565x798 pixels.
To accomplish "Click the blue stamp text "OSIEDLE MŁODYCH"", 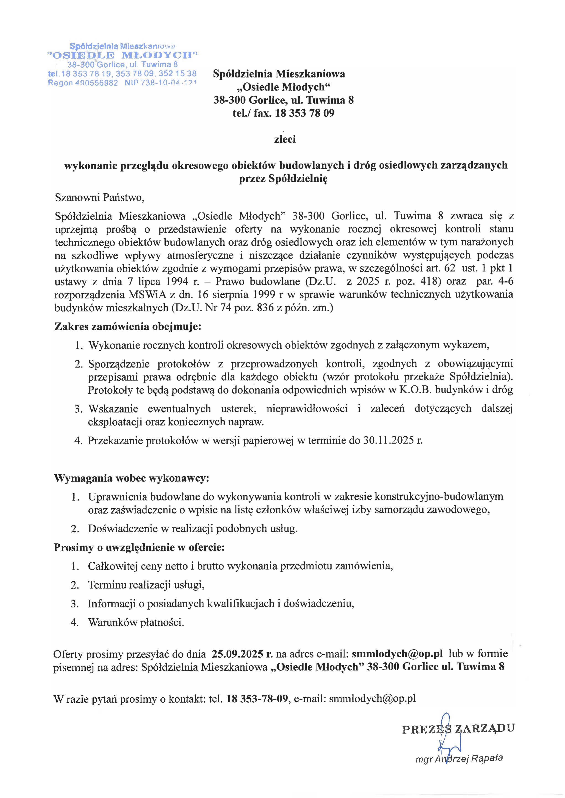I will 123,55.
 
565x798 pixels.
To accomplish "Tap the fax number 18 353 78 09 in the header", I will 304,113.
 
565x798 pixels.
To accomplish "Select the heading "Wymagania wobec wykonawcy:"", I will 131,478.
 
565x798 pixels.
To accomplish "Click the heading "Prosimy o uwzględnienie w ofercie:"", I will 139,547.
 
